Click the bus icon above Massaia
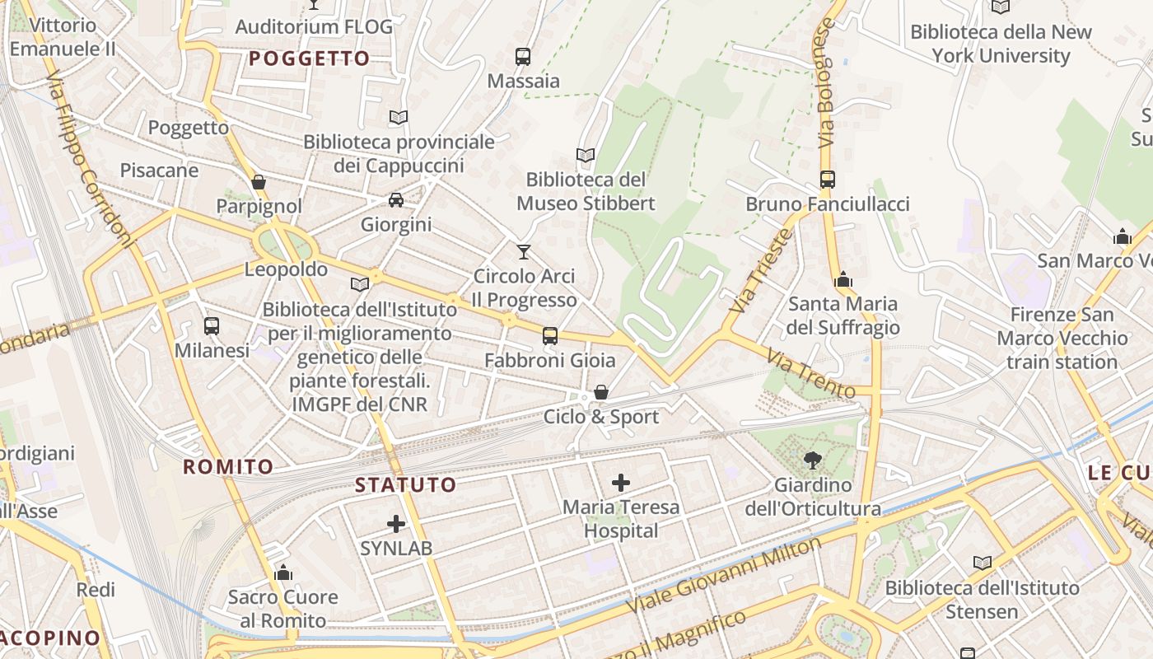point(523,57)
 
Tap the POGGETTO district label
point(310,58)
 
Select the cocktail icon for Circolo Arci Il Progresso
point(524,251)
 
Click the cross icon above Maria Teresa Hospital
point(621,483)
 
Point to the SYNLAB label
point(396,548)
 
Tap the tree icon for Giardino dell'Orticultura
point(813,460)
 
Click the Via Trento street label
point(810,373)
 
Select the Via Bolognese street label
point(827,82)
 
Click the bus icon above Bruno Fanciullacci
point(828,179)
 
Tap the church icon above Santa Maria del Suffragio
point(843,280)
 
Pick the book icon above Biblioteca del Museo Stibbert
point(586,155)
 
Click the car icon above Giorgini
point(396,200)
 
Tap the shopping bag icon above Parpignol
point(259,182)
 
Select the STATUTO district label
point(405,484)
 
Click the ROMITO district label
point(228,467)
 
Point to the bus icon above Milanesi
point(212,326)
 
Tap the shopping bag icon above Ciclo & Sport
point(601,392)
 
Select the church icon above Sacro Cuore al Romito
point(283,573)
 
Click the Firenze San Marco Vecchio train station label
point(1062,338)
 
